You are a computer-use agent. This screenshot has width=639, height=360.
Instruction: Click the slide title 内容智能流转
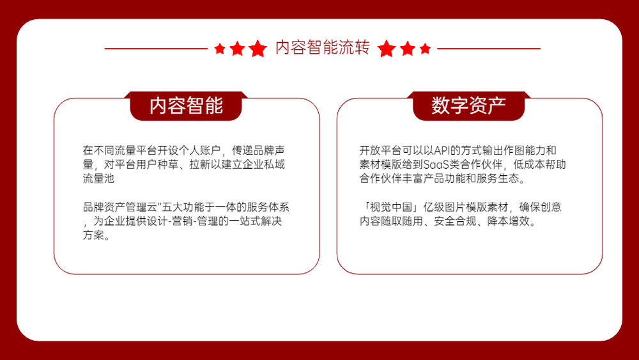point(322,47)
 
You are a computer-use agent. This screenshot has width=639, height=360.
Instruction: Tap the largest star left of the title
point(258,49)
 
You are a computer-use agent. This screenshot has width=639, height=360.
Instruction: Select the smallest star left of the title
point(220,49)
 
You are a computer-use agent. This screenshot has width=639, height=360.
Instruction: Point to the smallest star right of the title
point(425,49)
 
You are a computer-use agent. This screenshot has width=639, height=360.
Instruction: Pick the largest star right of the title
point(387,49)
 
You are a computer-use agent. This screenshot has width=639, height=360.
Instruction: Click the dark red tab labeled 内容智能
point(186,106)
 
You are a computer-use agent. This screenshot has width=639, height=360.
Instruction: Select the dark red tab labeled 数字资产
point(468,106)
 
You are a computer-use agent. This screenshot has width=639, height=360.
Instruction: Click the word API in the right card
point(442,150)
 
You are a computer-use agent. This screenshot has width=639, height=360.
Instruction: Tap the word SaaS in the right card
point(436,165)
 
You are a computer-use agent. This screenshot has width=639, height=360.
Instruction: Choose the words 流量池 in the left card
point(98,178)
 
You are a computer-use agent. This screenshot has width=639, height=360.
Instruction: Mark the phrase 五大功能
point(183,207)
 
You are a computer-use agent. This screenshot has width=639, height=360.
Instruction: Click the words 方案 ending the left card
point(93,235)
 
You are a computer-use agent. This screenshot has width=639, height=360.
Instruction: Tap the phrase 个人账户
point(199,150)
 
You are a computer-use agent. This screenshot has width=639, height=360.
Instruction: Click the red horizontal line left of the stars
point(156,49)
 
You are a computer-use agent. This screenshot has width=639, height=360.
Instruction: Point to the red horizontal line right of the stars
point(489,49)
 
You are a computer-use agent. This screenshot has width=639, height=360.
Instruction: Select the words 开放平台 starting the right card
point(381,150)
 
